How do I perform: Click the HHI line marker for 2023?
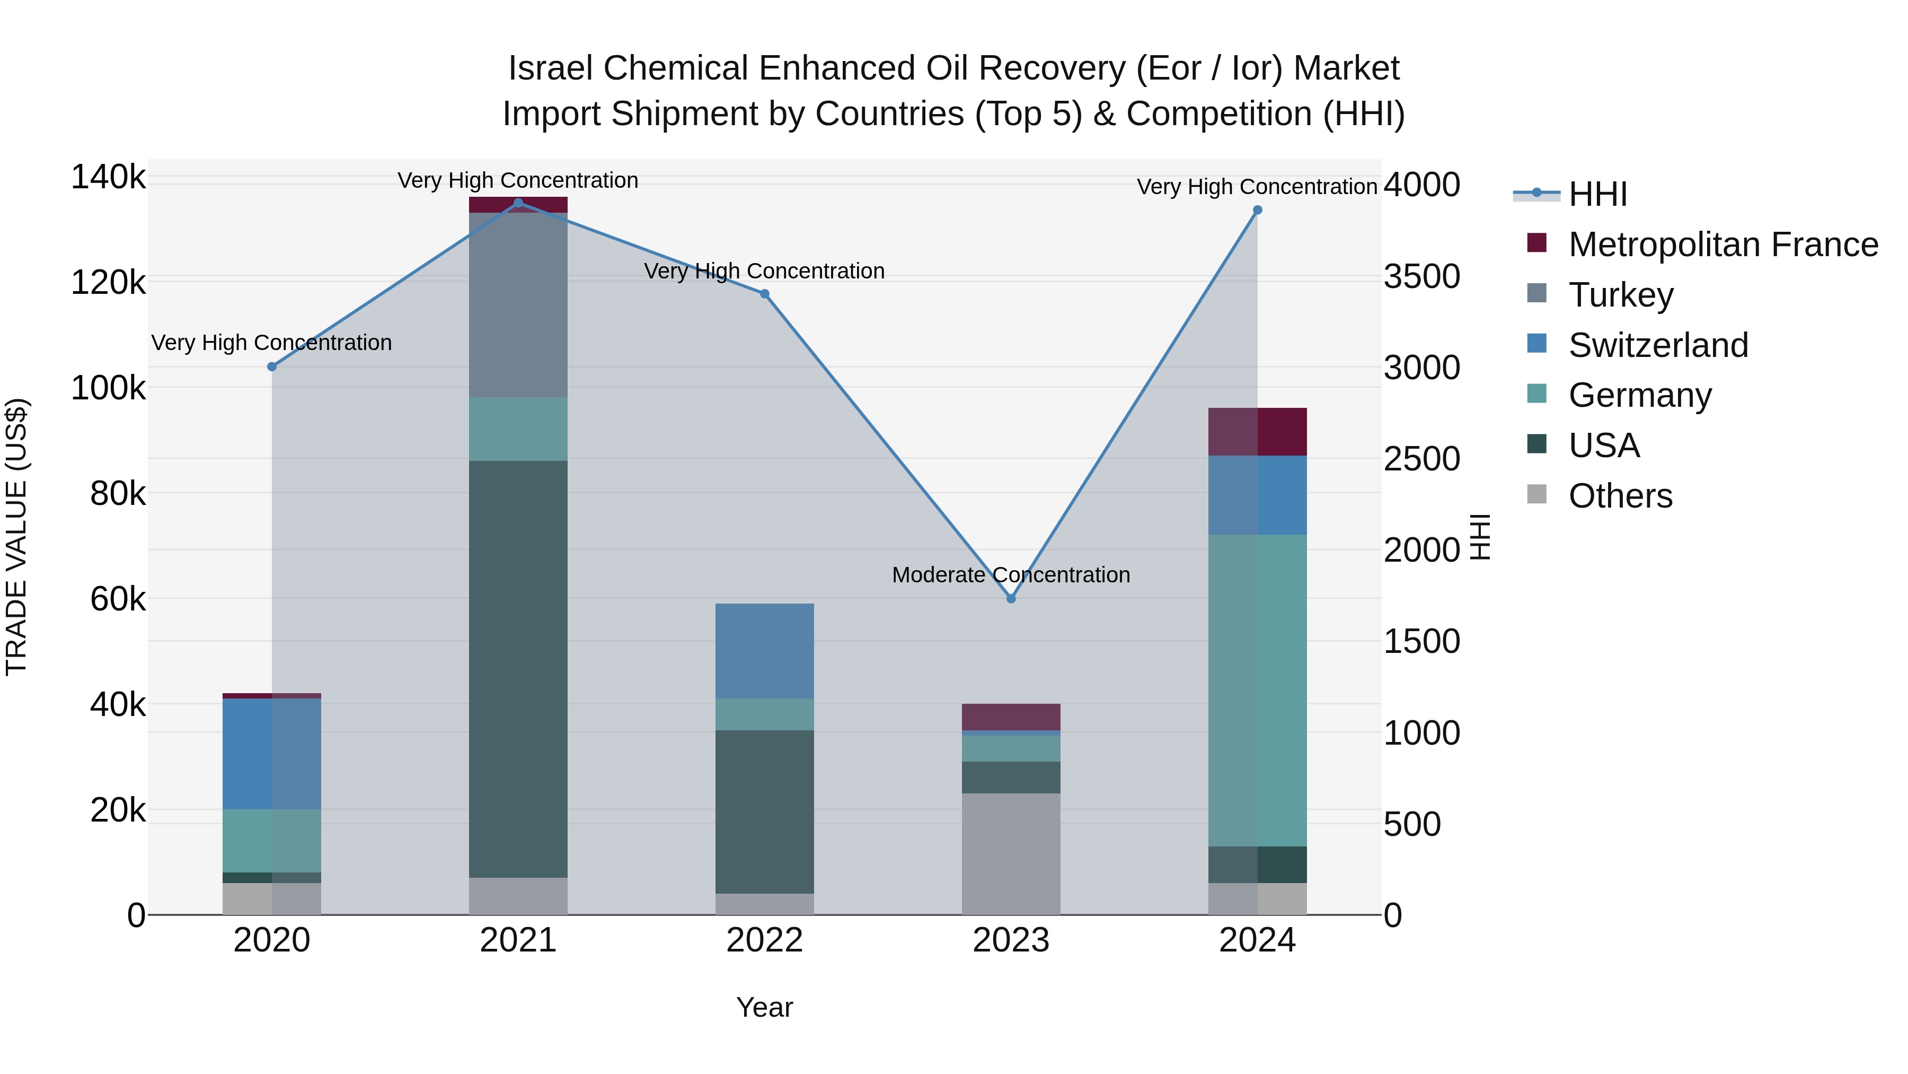[1011, 598]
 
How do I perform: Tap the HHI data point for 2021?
[518, 203]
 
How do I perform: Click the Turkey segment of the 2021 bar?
[518, 304]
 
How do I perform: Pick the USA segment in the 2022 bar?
[764, 811]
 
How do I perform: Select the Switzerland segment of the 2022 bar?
[764, 651]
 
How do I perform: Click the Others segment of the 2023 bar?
[1011, 854]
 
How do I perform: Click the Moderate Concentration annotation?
[1011, 575]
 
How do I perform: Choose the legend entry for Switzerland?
[1658, 345]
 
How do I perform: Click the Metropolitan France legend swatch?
[1537, 243]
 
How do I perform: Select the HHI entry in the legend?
[1597, 194]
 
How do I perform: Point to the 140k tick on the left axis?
[108, 178]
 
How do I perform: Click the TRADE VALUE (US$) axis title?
[16, 537]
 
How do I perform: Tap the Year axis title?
[764, 1007]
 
